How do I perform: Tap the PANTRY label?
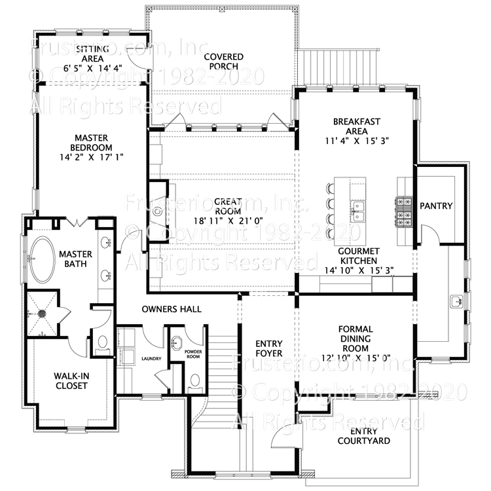436,206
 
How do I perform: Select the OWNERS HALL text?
172,309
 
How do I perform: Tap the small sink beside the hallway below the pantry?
457,302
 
